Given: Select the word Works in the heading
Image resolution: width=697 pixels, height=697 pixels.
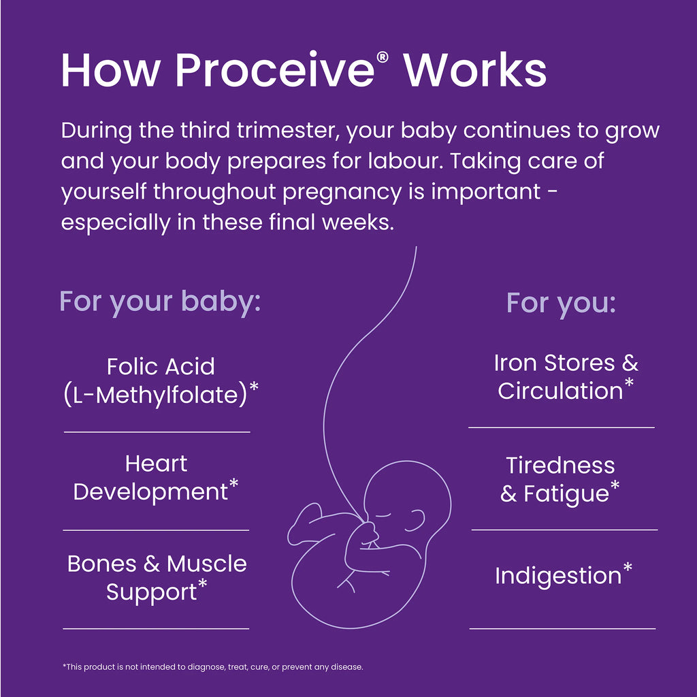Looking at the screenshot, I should click(x=474, y=70).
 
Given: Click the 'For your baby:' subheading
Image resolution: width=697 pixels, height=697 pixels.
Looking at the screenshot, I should click(x=160, y=302).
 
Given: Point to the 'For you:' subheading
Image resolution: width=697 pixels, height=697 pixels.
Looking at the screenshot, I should click(x=561, y=303).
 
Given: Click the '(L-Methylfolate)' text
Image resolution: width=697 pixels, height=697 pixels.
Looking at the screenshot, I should click(x=155, y=395).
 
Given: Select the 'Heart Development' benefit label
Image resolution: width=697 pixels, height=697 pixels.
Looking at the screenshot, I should click(x=155, y=478).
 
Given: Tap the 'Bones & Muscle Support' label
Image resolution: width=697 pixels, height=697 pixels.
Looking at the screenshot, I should click(x=157, y=577).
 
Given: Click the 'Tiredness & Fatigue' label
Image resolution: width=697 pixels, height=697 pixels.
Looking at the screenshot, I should click(x=560, y=479).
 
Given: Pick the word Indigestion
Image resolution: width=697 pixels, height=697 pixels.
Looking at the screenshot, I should click(x=557, y=576).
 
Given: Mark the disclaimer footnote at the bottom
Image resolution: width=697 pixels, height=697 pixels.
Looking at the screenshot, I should click(x=212, y=667).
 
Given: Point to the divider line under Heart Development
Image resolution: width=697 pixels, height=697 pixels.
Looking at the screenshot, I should click(x=156, y=530).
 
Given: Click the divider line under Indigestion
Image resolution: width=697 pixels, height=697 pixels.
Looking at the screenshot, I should click(x=562, y=628).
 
